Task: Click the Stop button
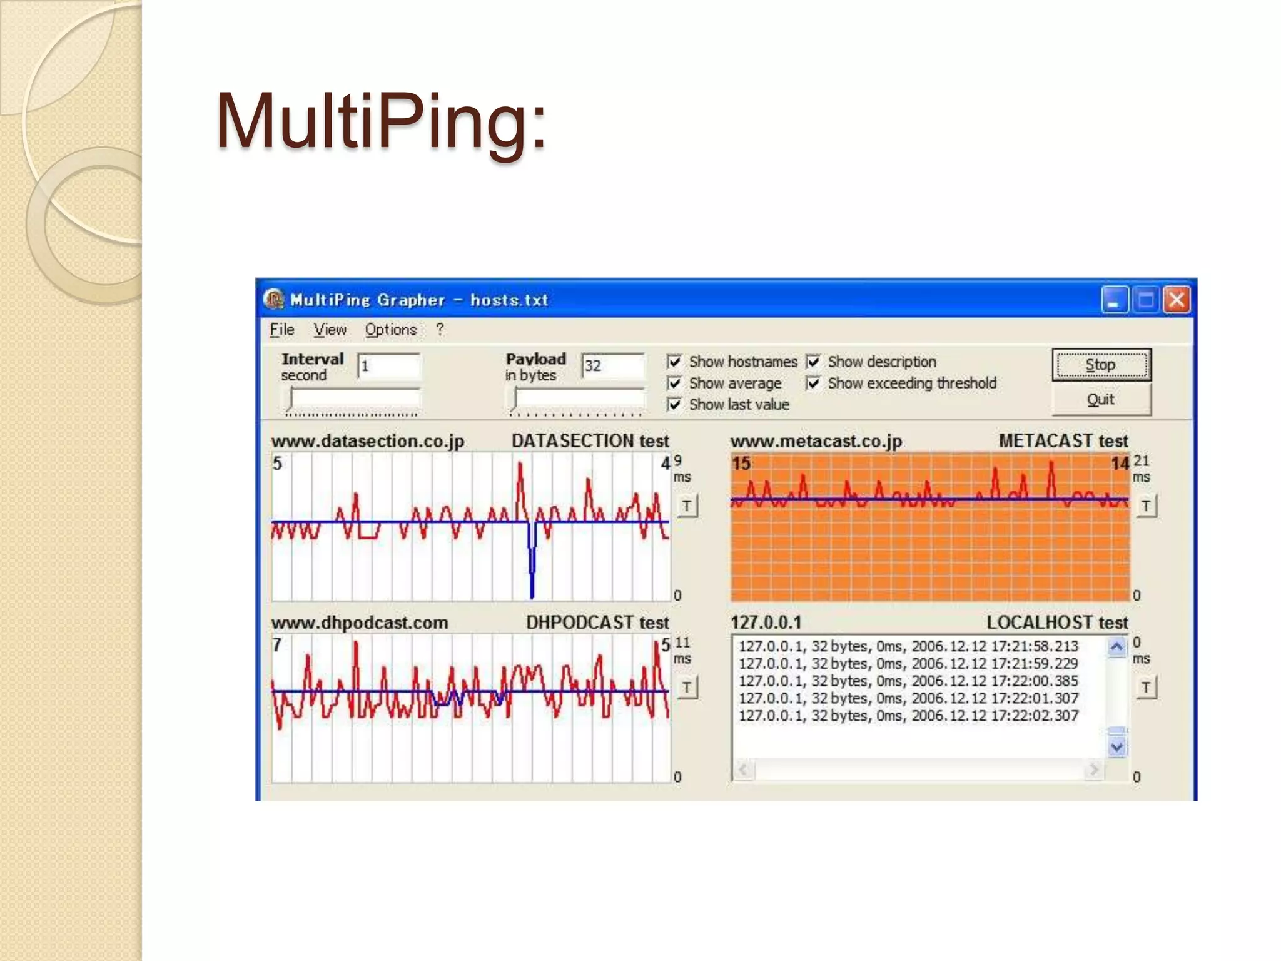coord(1101,365)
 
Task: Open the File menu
coord(281,330)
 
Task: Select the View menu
coord(330,330)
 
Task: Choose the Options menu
coord(390,330)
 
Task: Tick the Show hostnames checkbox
coord(674,362)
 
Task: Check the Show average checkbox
coord(674,383)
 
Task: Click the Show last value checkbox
coord(674,405)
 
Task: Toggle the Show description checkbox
coord(813,362)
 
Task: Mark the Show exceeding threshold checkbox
coord(813,383)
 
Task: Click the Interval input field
coord(388,366)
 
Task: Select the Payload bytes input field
coord(612,366)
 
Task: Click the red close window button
coord(1177,300)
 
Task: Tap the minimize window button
coord(1114,300)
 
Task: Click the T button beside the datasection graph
coord(687,506)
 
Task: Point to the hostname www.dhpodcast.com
coord(360,623)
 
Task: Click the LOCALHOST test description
coord(1057,623)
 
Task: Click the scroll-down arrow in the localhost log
coord(1117,747)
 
